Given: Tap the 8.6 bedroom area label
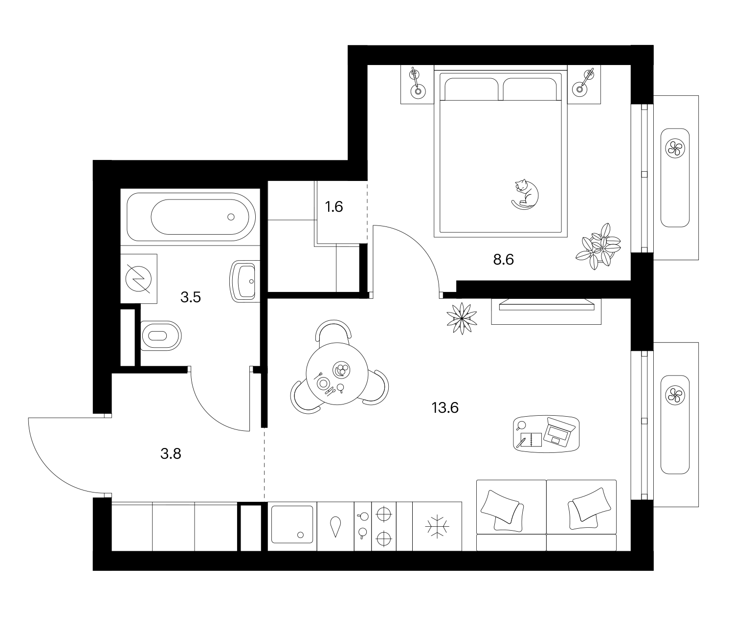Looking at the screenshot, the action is (503, 260).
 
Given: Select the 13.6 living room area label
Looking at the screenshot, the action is (445, 408).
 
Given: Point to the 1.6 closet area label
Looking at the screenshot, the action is (334, 207).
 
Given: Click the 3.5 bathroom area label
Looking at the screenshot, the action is (191, 297).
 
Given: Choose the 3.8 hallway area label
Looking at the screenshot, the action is (171, 454).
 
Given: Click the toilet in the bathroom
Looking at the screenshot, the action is (161, 336).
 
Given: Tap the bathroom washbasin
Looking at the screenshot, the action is (244, 281).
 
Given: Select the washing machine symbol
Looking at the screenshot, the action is (139, 279).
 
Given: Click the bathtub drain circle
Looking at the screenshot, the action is (231, 217).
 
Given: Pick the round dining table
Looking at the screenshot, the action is (337, 374).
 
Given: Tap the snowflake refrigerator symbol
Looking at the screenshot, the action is (437, 526).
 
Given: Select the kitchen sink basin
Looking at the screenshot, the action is (292, 525).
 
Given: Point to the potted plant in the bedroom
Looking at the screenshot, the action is (598, 246).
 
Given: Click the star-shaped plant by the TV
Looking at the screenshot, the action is (462, 318).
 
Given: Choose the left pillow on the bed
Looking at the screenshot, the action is (471, 90).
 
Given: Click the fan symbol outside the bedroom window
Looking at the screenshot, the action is (675, 148).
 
